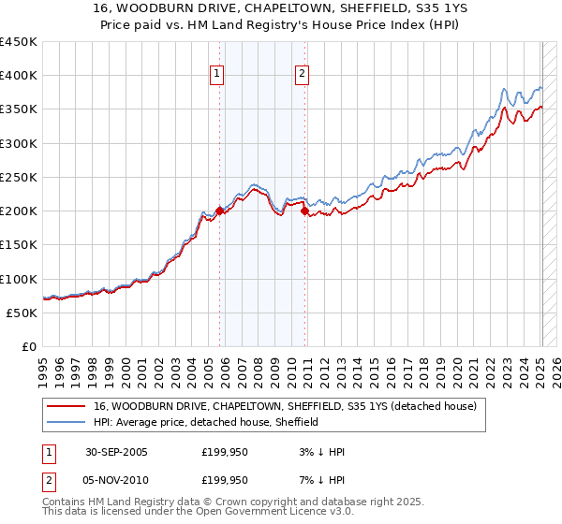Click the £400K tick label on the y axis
pyautogui.click(x=19, y=76)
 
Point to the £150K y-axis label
pyautogui.click(x=19, y=245)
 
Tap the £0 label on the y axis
pyautogui.click(x=28, y=346)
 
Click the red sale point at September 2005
pyautogui.click(x=220, y=211)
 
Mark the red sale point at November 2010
pyautogui.click(x=305, y=211)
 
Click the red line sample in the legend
pyautogui.click(x=67, y=406)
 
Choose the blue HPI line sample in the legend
pyautogui.click(x=67, y=422)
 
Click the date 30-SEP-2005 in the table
pyautogui.click(x=116, y=452)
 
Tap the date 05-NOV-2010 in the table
pyautogui.click(x=117, y=480)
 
